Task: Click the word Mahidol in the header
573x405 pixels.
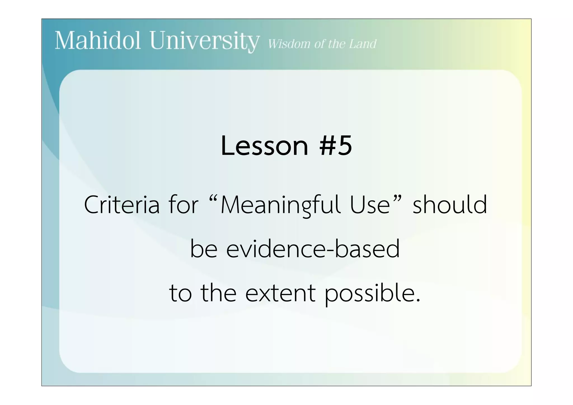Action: (x=97, y=41)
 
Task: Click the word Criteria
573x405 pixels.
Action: (x=122, y=205)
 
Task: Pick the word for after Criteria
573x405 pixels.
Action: (x=183, y=205)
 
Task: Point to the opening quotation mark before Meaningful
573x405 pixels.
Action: (x=213, y=199)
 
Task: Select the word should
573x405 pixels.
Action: (x=450, y=205)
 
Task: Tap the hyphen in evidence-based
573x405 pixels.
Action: (x=330, y=250)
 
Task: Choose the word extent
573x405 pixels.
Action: (x=280, y=294)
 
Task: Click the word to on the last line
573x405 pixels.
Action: (x=180, y=294)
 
